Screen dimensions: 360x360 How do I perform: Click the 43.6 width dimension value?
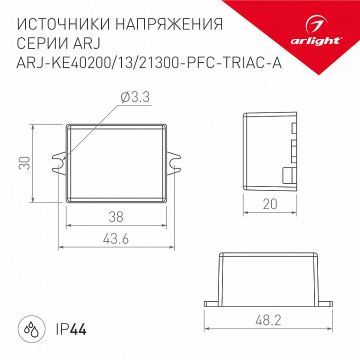[115, 239]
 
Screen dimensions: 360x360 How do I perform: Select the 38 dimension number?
[115, 217]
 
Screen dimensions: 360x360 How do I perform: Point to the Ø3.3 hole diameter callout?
[135, 98]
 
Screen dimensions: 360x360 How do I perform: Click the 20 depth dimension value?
[269, 204]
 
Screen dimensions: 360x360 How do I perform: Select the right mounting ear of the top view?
[173, 163]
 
